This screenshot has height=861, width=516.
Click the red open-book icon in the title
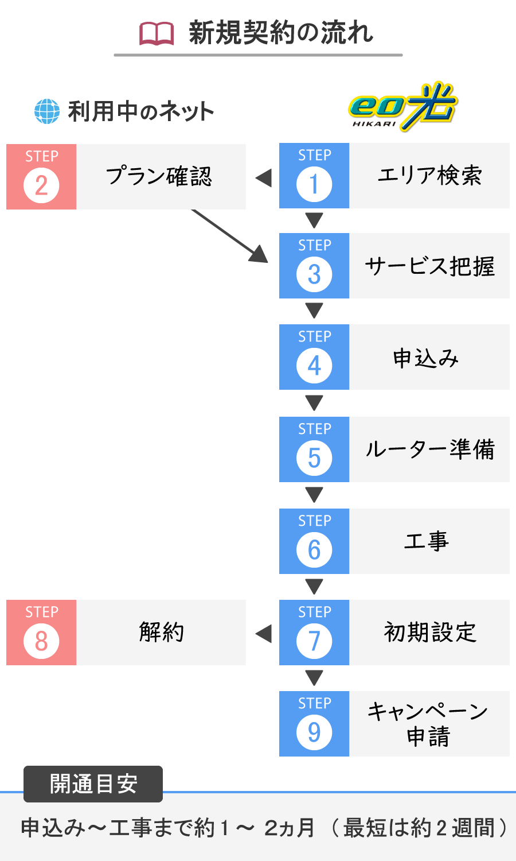click(157, 34)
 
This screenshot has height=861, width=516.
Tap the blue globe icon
click(47, 111)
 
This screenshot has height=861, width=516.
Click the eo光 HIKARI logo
click(402, 106)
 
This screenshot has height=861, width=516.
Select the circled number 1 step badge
click(314, 184)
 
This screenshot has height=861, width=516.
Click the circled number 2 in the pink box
click(41, 185)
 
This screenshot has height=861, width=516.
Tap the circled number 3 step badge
click(314, 274)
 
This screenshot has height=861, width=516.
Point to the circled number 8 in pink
click(41, 641)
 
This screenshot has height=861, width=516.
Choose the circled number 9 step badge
click(314, 732)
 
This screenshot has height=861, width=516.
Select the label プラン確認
click(159, 176)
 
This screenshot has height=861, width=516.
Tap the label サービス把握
click(429, 266)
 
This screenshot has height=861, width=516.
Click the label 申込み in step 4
click(426, 358)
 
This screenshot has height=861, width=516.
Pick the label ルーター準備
click(429, 449)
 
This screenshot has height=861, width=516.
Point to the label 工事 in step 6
click(426, 541)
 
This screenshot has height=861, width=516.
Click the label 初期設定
click(430, 633)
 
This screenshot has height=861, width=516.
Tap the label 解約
click(161, 633)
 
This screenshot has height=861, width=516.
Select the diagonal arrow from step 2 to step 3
click(229, 236)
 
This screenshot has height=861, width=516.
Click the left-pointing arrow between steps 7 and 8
click(263, 634)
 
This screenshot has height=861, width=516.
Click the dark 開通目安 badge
click(93, 784)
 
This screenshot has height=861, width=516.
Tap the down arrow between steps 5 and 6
click(314, 495)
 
